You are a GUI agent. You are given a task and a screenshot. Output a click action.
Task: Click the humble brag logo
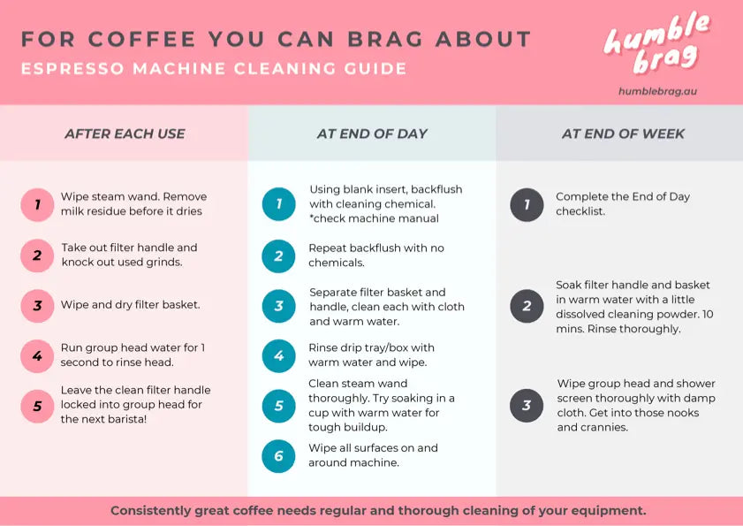click(x=657, y=43)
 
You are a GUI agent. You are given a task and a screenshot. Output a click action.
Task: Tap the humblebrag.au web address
click(x=657, y=91)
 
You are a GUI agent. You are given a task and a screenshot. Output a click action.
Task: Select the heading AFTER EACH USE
click(x=125, y=133)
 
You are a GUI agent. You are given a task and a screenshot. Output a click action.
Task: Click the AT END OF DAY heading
click(x=372, y=133)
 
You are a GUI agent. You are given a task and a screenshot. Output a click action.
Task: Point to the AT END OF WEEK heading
click(x=623, y=133)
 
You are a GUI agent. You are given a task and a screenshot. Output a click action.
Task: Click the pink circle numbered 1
click(x=37, y=204)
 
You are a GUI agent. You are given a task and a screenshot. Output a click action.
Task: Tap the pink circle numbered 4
click(x=37, y=355)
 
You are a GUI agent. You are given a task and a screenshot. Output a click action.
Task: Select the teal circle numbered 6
click(x=278, y=456)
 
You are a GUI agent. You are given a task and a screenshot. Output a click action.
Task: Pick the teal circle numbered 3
click(x=278, y=306)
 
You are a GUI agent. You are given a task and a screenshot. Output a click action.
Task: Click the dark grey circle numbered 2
click(x=527, y=306)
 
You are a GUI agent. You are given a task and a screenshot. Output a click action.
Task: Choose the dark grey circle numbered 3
click(x=527, y=406)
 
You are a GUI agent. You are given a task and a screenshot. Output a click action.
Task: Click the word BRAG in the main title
click(x=385, y=40)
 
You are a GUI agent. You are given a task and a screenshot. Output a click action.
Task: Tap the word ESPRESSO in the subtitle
click(x=72, y=69)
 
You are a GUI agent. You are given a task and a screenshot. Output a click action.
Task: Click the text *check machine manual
click(x=374, y=218)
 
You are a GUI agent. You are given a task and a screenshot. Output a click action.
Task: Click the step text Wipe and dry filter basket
click(x=130, y=304)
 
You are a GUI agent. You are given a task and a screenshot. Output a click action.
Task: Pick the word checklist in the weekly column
click(x=580, y=211)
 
